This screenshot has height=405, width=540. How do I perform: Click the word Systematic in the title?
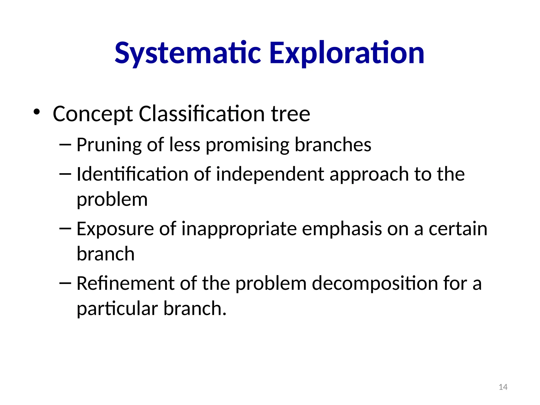[x=188, y=53]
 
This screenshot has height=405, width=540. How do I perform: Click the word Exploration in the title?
[x=346, y=53]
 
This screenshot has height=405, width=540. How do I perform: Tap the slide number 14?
[x=503, y=387]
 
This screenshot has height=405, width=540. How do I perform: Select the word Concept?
[x=93, y=114]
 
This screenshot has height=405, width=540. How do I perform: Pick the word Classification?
[x=201, y=114]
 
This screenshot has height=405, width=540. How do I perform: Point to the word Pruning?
[x=109, y=145]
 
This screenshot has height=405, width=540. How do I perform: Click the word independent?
[x=270, y=175]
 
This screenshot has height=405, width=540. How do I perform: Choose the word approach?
[x=369, y=175]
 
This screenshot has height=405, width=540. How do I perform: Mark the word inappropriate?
[x=239, y=229]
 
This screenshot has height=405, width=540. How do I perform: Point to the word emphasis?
[x=342, y=229]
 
